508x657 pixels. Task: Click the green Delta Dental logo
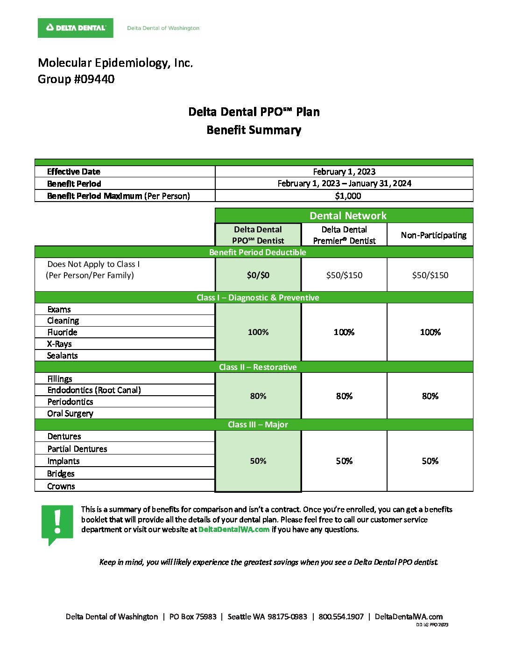coord(75,28)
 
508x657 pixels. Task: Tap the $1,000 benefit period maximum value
coord(348,196)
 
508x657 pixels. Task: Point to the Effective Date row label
coord(74,172)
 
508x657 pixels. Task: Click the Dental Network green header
coord(348,216)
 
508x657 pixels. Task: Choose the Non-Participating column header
coord(433,235)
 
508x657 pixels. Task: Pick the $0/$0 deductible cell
coord(258,275)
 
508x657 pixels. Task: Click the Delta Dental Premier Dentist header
coord(344,235)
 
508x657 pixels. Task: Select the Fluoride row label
coord(62,332)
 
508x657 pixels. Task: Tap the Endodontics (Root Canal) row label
coord(94,390)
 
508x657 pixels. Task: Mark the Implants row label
coord(63,461)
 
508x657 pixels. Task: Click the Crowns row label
coord(61,486)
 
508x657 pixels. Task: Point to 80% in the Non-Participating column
coord(430,396)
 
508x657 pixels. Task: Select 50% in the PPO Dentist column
coord(258,461)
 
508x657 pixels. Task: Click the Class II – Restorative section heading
coord(258,367)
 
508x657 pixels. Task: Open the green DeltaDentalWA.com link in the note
coord(234,530)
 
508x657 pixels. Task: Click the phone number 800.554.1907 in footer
coord(341,617)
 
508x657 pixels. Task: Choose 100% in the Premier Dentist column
coord(344,332)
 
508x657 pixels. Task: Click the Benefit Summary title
coord(254,130)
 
